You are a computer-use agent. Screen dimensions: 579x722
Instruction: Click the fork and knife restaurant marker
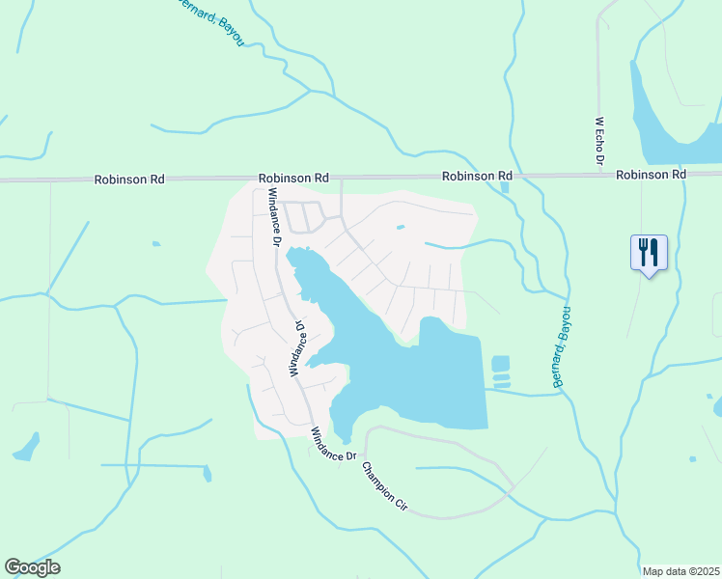point(648,253)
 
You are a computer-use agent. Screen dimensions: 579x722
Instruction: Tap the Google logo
point(33,567)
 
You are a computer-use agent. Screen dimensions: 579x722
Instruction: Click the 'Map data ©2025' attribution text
point(680,571)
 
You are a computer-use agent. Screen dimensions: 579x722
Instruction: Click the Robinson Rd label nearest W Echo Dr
point(651,175)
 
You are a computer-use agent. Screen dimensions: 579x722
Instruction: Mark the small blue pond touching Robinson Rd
point(505,187)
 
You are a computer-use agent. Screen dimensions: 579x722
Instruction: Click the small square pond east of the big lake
point(500,365)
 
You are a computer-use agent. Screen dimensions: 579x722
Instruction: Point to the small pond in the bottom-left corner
point(26,447)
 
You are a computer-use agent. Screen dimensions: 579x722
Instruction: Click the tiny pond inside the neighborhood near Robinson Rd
point(400,228)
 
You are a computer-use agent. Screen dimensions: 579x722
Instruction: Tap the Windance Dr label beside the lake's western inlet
point(297,347)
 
